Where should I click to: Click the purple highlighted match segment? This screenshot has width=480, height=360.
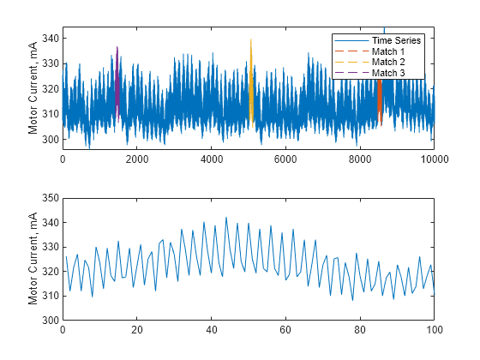pyautogui.click(x=117, y=81)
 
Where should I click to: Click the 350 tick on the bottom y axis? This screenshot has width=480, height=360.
pyautogui.click(x=50, y=198)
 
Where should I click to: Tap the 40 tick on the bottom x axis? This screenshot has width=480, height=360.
pyautogui.click(x=211, y=330)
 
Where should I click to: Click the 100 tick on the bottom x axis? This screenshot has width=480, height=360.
pyautogui.click(x=434, y=330)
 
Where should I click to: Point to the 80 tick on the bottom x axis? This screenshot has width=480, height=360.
pyautogui.click(x=360, y=330)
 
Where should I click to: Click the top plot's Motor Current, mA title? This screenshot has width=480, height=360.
pyautogui.click(x=33, y=88)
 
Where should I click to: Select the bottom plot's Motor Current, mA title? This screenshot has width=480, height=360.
pyautogui.click(x=33, y=259)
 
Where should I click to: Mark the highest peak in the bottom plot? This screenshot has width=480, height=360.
pyautogui.click(x=226, y=218)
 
